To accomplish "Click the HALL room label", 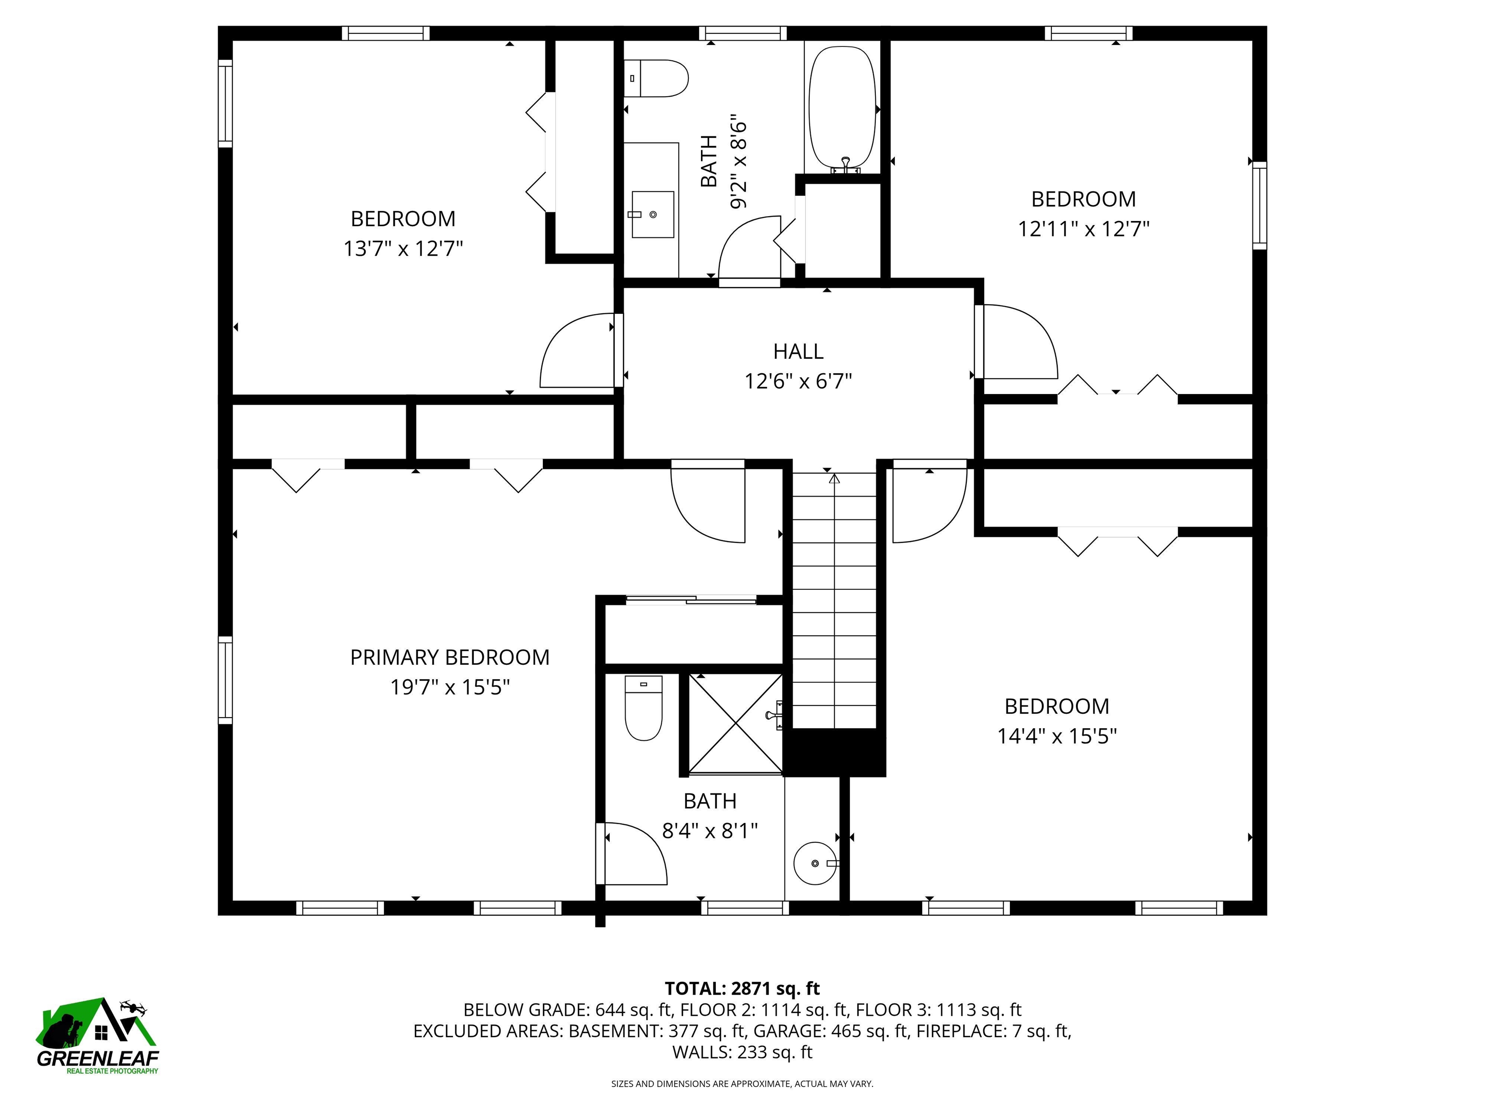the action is pos(798,351).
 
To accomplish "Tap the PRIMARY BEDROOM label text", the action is pos(450,658).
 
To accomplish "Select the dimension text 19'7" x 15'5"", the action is pos(450,688).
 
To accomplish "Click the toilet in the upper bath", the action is pos(656,78).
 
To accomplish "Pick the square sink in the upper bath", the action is pos(653,214).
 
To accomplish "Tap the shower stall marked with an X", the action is pos(736,724).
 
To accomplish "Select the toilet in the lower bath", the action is pos(643,708).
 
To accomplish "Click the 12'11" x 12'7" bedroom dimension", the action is pos(1084,230).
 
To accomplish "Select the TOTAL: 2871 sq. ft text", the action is pos(742,988).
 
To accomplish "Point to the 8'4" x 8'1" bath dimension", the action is pos(710,831).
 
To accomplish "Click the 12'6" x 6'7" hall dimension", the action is pos(798,381).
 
